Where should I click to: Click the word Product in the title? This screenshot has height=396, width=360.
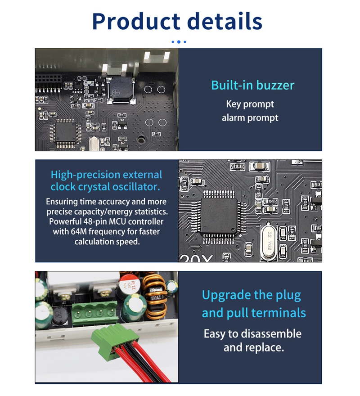pos(136,21)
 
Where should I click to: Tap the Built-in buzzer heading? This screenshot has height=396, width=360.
pos(252,85)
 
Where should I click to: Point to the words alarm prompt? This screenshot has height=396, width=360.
pos(250,118)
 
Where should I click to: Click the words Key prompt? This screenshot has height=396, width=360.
pos(250,104)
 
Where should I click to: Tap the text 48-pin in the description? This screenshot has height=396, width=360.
pos(95,221)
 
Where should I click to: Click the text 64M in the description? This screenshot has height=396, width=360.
pos(79,231)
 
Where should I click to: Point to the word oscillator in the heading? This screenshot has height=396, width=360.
pos(136,187)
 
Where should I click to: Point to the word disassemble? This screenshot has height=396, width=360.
pos(271,333)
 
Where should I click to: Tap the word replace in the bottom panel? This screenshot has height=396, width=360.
pos(265,348)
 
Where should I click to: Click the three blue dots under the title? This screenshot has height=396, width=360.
pos(179,42)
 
